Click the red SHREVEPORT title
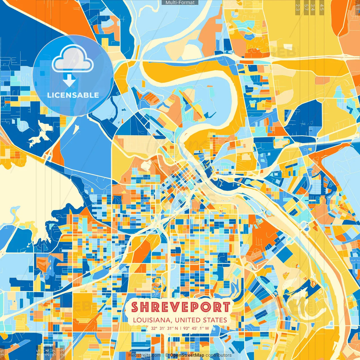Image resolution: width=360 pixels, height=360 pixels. point(181,307)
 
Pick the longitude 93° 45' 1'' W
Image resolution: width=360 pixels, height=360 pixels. point(196,328)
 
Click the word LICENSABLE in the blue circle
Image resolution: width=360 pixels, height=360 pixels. point(73,95)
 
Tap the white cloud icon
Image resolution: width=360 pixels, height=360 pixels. point(73,59)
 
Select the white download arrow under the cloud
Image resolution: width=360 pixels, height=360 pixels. point(69,80)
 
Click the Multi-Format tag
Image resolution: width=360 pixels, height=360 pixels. point(180,3)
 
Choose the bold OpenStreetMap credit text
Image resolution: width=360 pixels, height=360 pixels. point(187,355)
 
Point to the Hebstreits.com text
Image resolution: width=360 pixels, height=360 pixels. point(145,355)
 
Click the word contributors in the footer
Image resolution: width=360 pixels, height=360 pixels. point(219,355)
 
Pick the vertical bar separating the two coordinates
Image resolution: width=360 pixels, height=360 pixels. point(181,328)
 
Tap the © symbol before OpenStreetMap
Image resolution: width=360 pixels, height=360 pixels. point(167,355)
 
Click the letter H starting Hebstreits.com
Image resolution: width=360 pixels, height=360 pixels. point(130,355)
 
